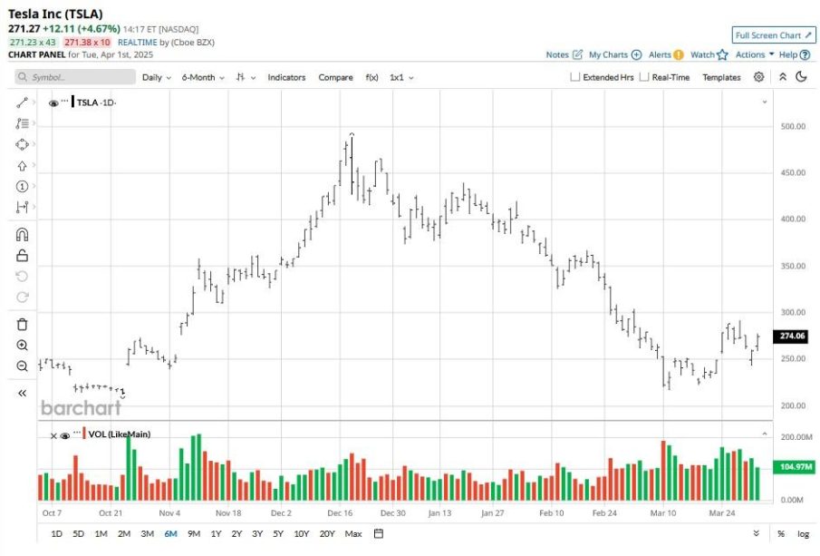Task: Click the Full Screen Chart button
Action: point(773,35)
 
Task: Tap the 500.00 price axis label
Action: point(793,126)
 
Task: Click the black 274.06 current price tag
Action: point(792,336)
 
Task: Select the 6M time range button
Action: point(171,533)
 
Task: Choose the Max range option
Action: point(353,533)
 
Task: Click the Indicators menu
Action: point(286,77)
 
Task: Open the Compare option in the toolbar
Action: point(335,77)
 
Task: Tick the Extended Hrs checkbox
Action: point(575,77)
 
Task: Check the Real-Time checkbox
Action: point(644,77)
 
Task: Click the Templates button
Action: point(721,77)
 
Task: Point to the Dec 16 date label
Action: point(341,512)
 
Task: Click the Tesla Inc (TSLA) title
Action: point(55,14)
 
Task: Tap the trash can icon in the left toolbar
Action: point(23,324)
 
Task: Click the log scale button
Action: point(802,533)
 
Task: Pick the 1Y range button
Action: point(216,533)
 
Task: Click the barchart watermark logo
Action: point(82,408)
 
